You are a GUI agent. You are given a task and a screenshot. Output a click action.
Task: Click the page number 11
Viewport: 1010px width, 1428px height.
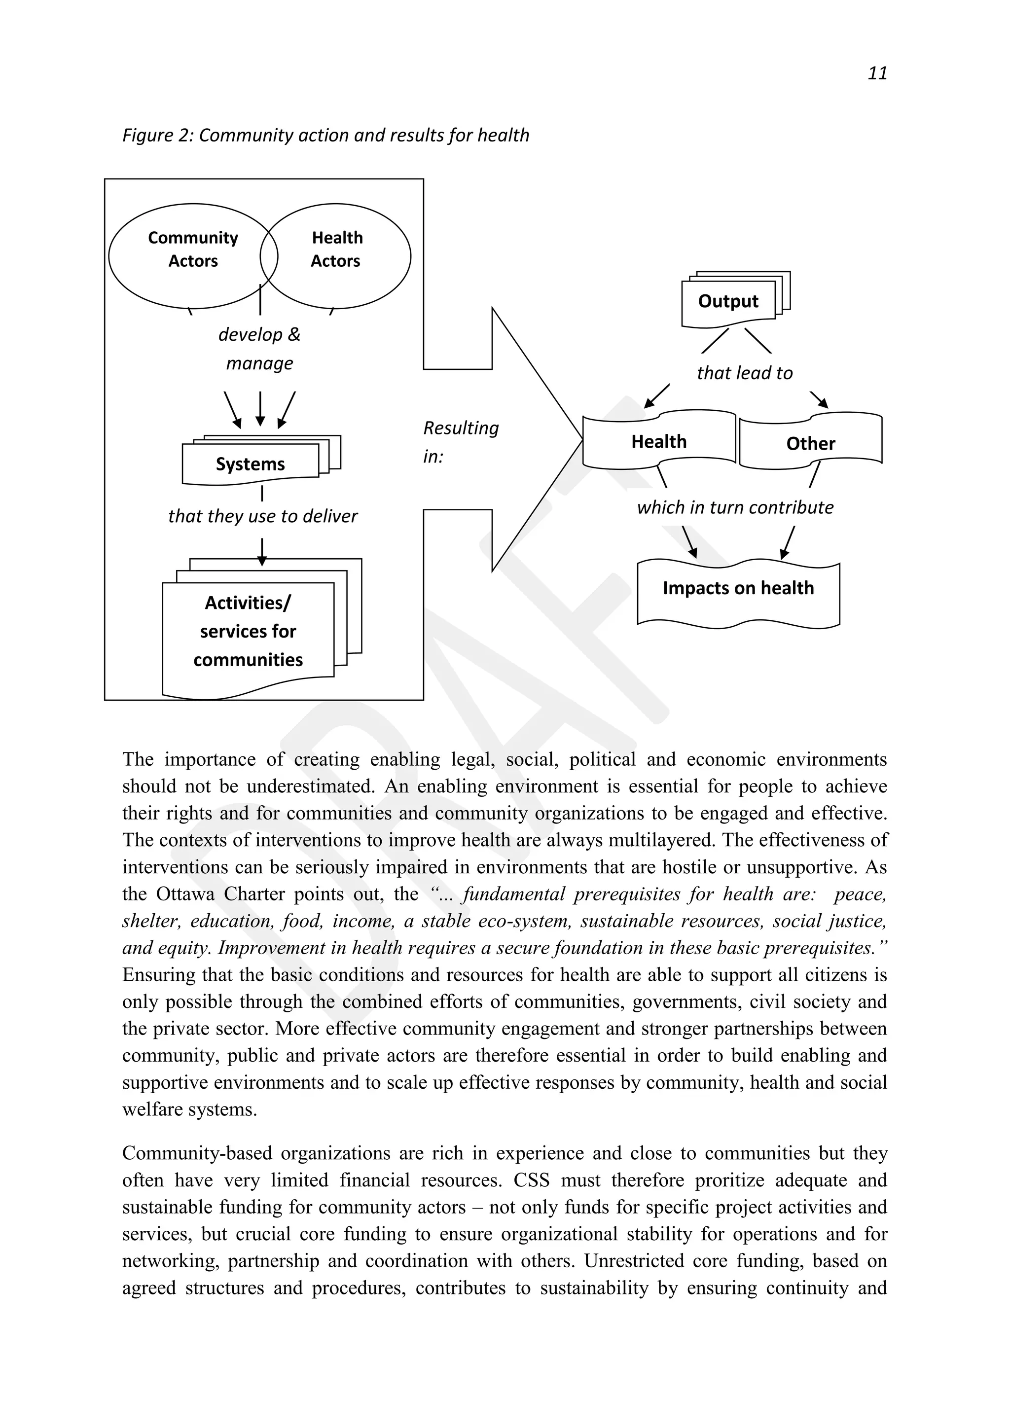pos(877,73)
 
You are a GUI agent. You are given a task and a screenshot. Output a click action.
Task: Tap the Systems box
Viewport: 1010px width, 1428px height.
pos(250,464)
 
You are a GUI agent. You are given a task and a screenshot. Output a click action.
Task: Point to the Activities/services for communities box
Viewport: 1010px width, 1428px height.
pos(248,631)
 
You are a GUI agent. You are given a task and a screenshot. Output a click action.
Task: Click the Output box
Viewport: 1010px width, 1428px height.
pos(728,302)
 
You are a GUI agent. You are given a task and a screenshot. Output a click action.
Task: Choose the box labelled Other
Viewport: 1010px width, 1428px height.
pos(810,443)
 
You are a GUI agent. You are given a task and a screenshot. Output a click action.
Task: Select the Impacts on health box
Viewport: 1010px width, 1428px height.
pos(738,589)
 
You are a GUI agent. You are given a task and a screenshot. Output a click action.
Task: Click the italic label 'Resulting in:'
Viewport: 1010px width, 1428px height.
pos(460,442)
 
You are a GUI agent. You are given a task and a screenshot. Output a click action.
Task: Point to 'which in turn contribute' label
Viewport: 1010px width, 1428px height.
pos(734,507)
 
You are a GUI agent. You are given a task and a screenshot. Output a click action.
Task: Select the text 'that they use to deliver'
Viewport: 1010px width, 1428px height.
pos(262,516)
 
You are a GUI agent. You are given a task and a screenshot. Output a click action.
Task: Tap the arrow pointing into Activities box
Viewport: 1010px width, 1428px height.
pos(262,552)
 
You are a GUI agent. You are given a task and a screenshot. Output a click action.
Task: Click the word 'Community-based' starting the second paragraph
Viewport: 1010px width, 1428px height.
pos(197,1153)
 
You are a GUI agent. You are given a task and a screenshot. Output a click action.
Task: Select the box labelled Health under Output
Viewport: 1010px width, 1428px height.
pos(658,442)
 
